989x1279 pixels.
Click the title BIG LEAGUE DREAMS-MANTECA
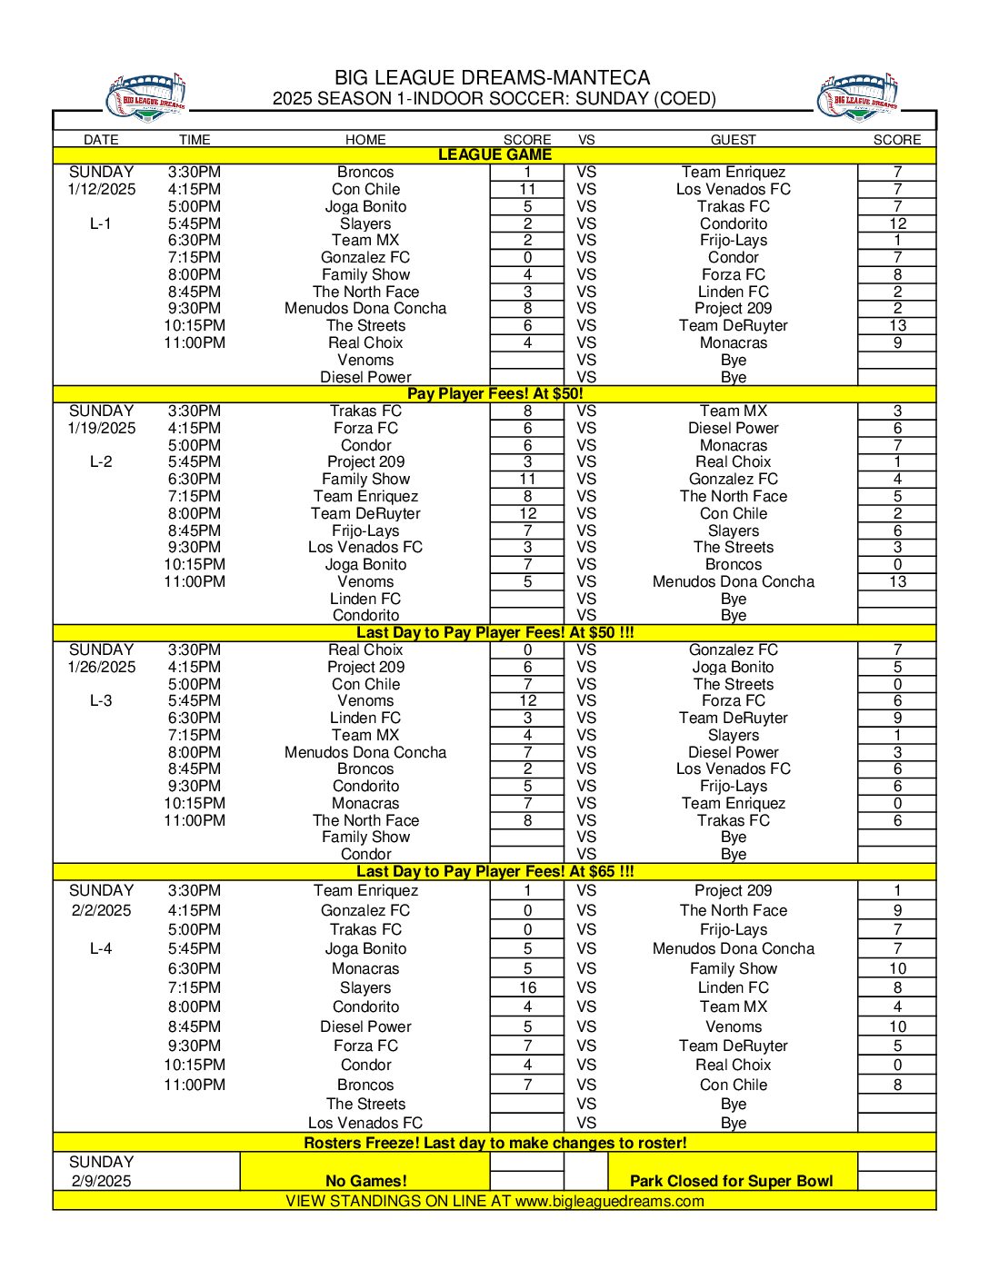(x=492, y=78)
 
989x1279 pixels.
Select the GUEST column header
(x=733, y=140)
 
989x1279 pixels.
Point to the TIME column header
(x=195, y=140)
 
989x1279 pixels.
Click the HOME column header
(x=365, y=140)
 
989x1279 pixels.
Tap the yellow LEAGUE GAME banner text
(x=494, y=155)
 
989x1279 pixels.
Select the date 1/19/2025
(x=101, y=428)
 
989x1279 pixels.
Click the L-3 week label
(x=101, y=700)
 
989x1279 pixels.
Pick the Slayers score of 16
(x=527, y=987)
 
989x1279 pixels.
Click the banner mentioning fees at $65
(x=494, y=871)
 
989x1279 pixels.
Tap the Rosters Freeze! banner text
(x=494, y=1143)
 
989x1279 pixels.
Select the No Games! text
(x=365, y=1181)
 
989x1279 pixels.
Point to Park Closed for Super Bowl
(x=731, y=1181)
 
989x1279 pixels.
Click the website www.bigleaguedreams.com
(x=609, y=1201)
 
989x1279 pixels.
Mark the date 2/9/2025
(x=101, y=1181)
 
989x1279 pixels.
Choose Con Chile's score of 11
(x=527, y=189)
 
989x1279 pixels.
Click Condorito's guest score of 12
(x=897, y=223)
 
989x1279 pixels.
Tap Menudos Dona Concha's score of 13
(x=897, y=581)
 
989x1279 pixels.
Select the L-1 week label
(x=101, y=223)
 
